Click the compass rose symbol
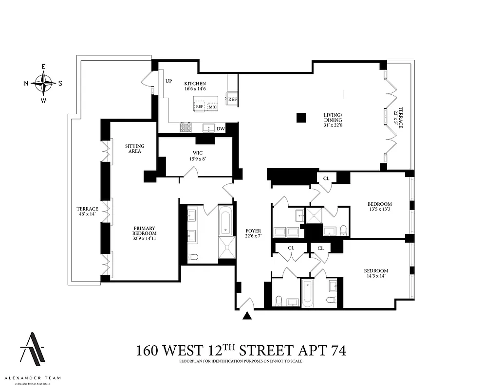coord(43,83)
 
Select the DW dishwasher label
coord(220,129)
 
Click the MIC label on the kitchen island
coord(213,106)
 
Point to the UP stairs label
coord(169,81)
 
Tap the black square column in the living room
coord(301,117)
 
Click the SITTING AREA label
coord(134,148)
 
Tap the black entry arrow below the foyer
coord(248,316)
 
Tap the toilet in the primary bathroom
coord(193,257)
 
